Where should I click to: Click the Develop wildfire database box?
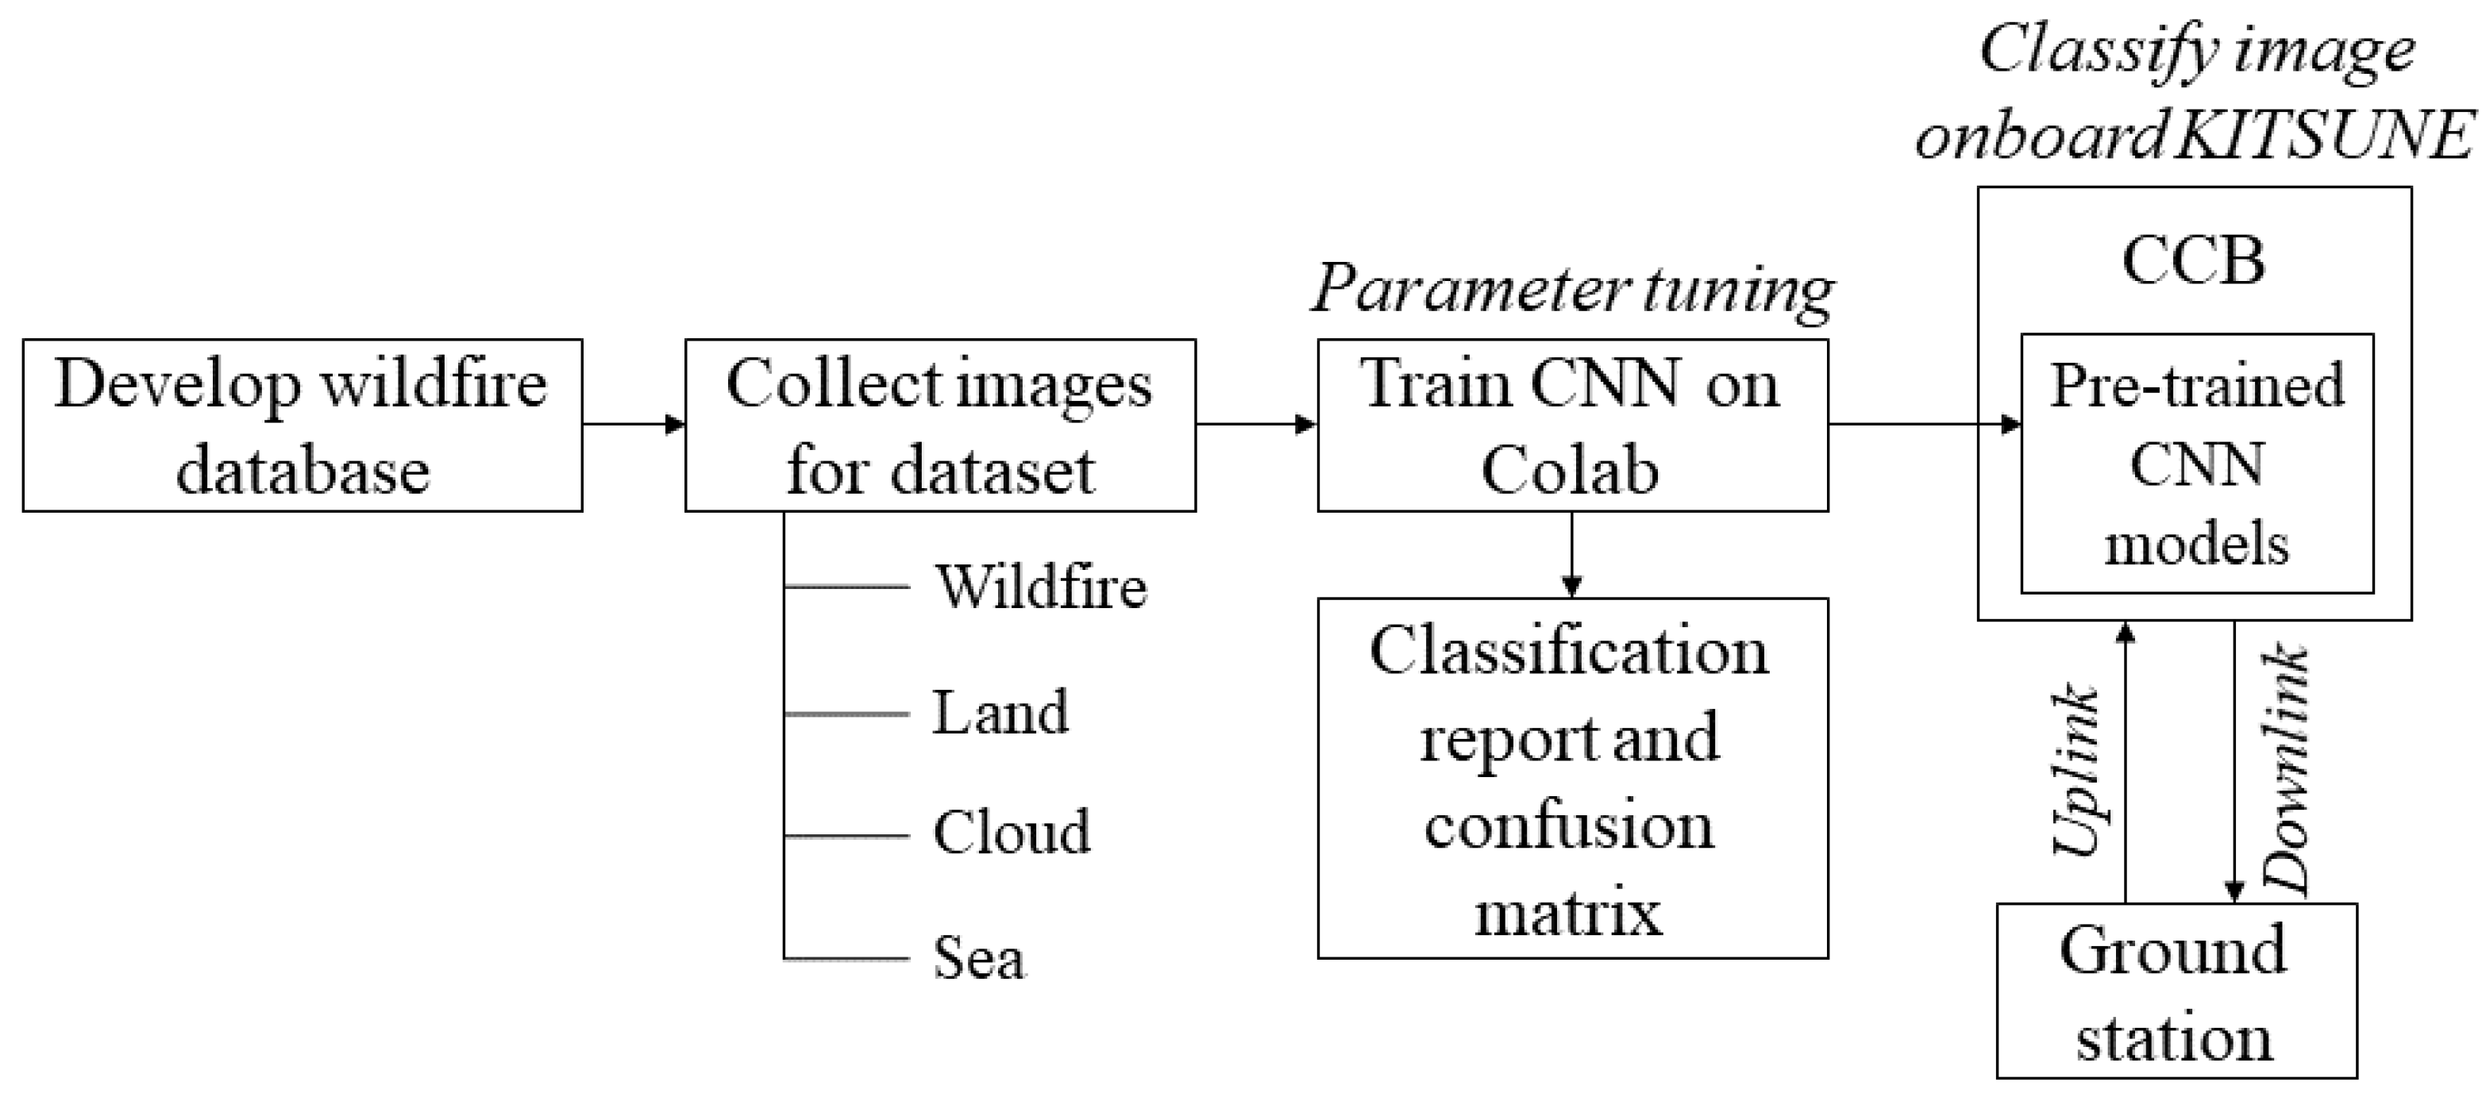point(302,425)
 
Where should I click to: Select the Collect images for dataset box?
point(940,425)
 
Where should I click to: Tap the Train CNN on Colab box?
point(1572,425)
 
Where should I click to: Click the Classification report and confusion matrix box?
point(1572,779)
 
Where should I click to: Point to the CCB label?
point(2194,260)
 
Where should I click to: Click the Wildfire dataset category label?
point(1040,587)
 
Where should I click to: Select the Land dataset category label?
point(1000,713)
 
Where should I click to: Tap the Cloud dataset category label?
point(1012,832)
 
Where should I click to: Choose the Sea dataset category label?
point(978,958)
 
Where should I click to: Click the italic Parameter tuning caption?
point(1572,288)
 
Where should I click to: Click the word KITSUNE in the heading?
point(2324,136)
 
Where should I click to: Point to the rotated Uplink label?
point(2078,771)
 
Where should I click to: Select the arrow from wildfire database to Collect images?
point(633,425)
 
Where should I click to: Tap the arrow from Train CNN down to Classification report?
point(1571,554)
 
